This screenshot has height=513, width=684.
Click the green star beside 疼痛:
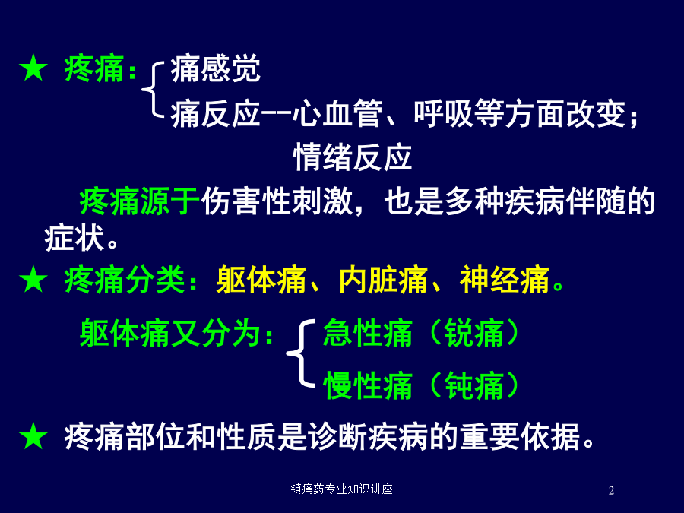point(33,68)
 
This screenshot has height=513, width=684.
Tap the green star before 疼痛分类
point(33,279)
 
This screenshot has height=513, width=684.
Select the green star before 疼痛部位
point(33,435)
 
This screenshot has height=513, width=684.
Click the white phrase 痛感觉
point(216,68)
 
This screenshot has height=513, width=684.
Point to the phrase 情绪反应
point(353,157)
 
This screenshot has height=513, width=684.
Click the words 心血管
point(337,113)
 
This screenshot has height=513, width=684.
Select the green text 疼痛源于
point(140,201)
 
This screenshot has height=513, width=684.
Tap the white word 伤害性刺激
point(277,201)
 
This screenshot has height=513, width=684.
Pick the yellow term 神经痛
point(505,280)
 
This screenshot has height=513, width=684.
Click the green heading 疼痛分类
point(125,279)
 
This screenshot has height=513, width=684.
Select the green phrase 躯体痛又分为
point(170,333)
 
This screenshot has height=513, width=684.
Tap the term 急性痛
point(368,333)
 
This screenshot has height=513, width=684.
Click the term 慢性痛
point(368,385)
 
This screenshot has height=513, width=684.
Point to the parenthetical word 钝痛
point(474,385)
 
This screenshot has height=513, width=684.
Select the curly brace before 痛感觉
point(153,90)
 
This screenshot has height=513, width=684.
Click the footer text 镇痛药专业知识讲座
point(341,489)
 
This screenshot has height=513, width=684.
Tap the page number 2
point(611,490)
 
